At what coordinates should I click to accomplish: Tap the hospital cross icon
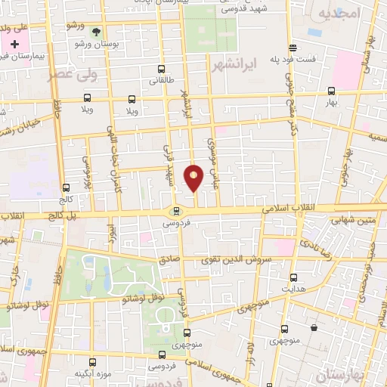point(14,45)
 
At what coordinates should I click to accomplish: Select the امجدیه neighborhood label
point(336,14)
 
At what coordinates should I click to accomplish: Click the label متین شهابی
point(348,218)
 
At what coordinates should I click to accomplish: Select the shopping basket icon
point(314,327)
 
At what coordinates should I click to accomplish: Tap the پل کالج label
point(62,215)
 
